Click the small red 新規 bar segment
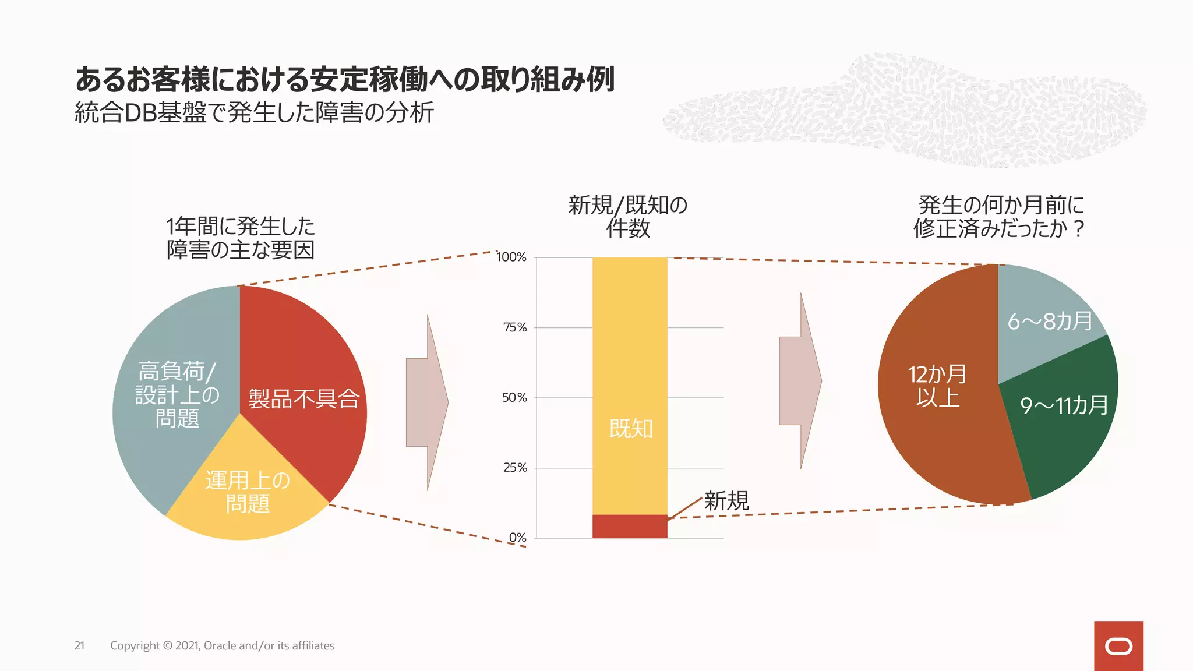[x=630, y=526]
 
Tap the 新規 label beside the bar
[x=726, y=501]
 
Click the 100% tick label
[x=511, y=257]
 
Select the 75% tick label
[x=515, y=327]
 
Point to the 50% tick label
[x=514, y=398]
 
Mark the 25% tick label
[x=515, y=468]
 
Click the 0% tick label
[x=517, y=538]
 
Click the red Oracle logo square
[x=1118, y=646]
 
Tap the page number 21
[x=79, y=645]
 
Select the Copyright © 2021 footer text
[x=222, y=645]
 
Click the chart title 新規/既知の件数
[x=628, y=217]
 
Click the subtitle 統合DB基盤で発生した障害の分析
[x=254, y=112]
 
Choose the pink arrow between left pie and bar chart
[x=427, y=402]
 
